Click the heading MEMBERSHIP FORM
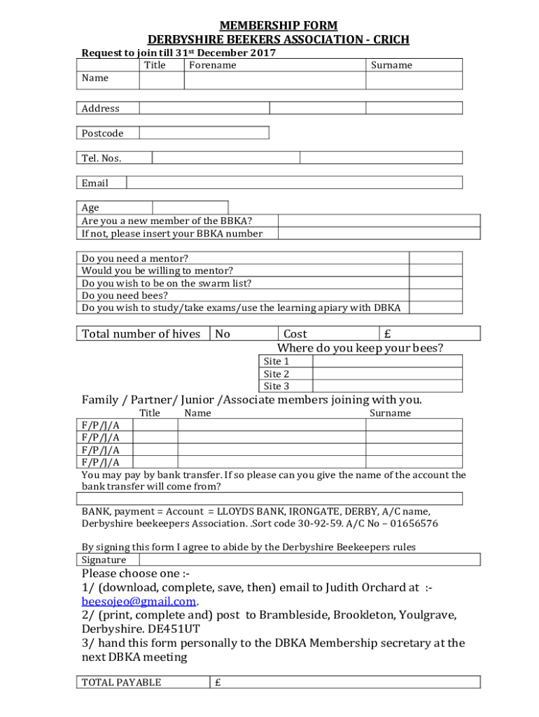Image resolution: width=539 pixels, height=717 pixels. [x=279, y=26]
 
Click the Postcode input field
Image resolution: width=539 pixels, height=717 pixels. [x=204, y=133]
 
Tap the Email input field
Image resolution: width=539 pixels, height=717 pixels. [x=294, y=183]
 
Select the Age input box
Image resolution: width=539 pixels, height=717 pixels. [x=190, y=207]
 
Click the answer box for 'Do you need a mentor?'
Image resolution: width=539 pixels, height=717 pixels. [x=444, y=258]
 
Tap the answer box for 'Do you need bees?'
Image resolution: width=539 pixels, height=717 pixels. [x=444, y=295]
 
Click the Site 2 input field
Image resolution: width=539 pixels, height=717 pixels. [x=387, y=374]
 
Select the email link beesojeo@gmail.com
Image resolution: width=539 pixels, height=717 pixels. [x=139, y=601]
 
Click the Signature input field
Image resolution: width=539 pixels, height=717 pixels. [x=309, y=560]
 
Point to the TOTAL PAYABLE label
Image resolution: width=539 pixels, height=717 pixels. [x=121, y=683]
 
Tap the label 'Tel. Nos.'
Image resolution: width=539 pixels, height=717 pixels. [x=101, y=158]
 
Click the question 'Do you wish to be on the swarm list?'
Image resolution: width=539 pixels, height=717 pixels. [x=167, y=284]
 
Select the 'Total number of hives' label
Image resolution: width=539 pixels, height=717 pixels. [x=141, y=334]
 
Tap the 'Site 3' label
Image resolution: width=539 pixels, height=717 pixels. [x=276, y=387]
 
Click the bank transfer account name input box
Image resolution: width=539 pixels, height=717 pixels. [x=269, y=499]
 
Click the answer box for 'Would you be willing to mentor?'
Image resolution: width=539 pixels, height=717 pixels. [x=444, y=271]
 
